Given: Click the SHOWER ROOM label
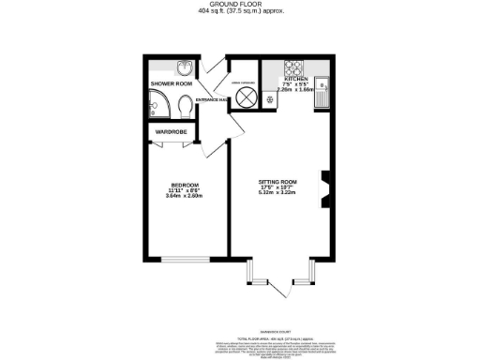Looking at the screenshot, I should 171,83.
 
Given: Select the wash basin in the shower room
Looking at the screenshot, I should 185,67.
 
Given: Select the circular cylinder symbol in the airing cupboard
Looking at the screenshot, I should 246,97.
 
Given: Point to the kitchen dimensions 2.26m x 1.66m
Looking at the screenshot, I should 292,91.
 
